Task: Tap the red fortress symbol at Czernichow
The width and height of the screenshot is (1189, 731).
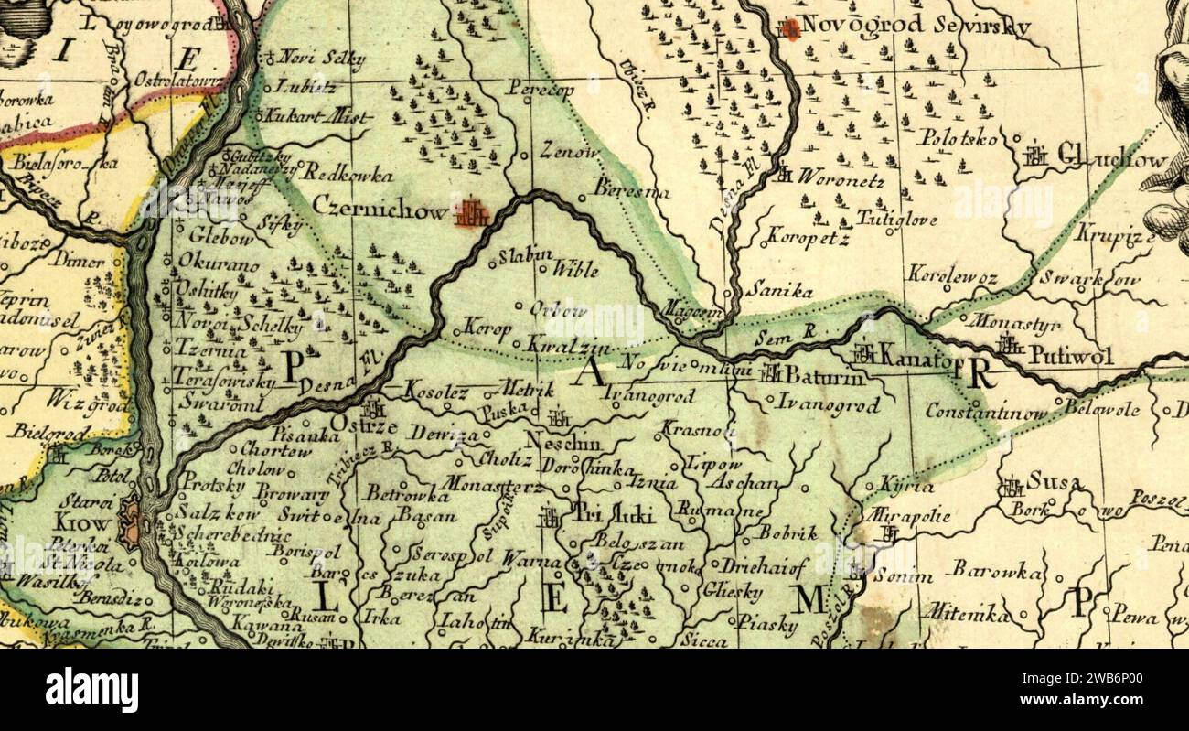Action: [473, 213]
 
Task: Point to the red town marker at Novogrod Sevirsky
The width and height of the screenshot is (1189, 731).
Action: [790, 28]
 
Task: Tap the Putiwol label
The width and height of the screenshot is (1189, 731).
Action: [1071, 355]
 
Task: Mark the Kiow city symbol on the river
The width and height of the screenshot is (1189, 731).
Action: [132, 522]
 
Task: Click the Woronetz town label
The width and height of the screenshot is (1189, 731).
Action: [841, 178]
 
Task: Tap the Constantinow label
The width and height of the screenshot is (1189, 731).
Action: [985, 412]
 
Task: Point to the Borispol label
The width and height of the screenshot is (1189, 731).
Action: [306, 553]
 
